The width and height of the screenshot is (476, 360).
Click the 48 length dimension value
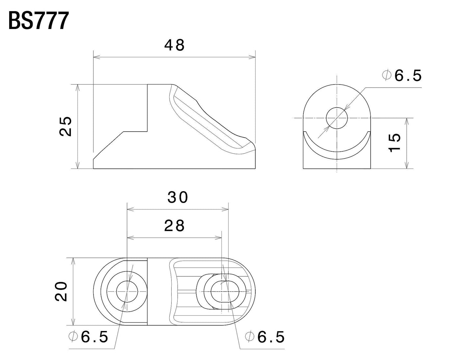[175, 45]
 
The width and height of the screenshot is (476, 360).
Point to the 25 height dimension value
[66, 126]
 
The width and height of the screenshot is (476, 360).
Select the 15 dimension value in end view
[394, 142]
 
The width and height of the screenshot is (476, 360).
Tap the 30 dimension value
[178, 197]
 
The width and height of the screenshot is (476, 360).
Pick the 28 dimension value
[175, 226]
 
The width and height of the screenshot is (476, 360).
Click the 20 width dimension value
[62, 291]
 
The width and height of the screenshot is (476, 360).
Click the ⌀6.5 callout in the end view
[402, 76]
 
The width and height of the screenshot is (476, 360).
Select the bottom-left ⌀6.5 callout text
[88, 337]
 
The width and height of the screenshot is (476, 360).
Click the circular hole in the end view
[337, 117]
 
